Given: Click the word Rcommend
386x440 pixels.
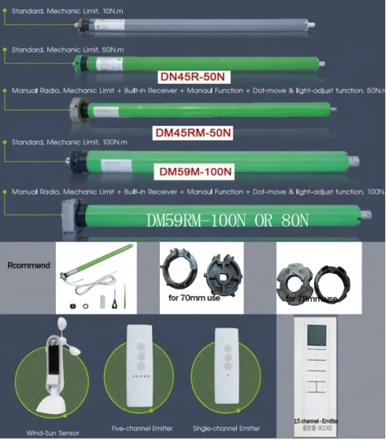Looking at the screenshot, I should (x=28, y=265).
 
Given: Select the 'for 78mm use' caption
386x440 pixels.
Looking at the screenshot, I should (x=311, y=299).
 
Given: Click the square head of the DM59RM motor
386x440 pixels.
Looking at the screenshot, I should (x=73, y=214).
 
